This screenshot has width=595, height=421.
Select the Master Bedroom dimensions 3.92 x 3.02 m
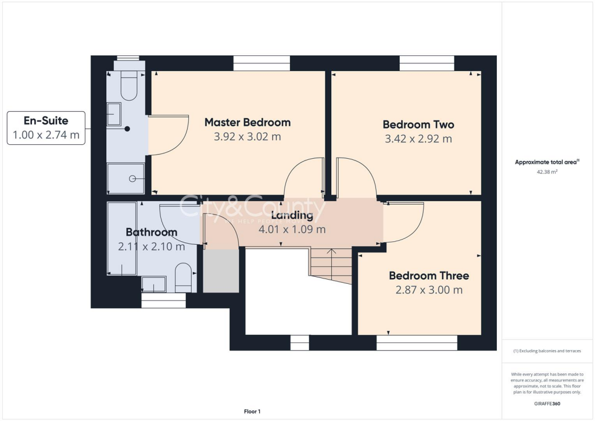(x=248, y=137)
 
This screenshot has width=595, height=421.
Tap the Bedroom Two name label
(x=418, y=124)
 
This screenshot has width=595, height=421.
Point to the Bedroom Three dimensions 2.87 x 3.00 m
(x=429, y=290)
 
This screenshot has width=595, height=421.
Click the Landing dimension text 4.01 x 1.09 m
(x=292, y=229)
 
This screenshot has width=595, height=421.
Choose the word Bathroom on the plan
(x=151, y=232)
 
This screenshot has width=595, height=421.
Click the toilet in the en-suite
(x=127, y=86)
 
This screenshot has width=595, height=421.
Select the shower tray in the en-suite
(x=126, y=179)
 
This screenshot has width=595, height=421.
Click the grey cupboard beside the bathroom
(x=221, y=271)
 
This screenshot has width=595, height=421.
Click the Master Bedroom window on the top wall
(x=261, y=63)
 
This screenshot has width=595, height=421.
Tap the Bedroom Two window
(x=426, y=63)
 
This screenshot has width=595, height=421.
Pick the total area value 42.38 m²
(x=547, y=172)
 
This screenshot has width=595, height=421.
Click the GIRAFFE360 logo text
(x=547, y=403)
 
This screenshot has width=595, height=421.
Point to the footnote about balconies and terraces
(x=547, y=351)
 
